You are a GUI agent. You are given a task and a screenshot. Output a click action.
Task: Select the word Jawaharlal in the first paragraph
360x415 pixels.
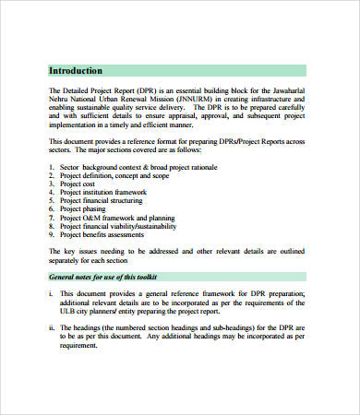309,90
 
